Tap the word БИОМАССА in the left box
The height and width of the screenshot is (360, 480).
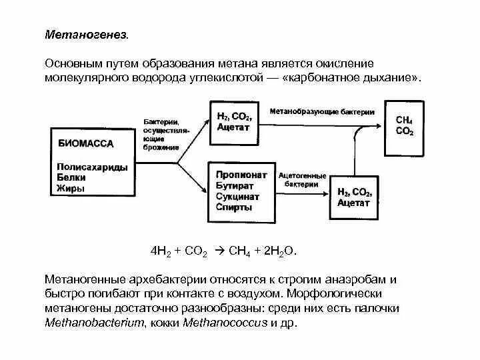[x=87, y=143]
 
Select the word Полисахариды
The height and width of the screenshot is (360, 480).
[x=92, y=167]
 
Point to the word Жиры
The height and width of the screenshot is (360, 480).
[x=70, y=189]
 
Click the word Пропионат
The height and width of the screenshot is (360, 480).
[x=241, y=175]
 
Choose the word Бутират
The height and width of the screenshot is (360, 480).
[x=234, y=185]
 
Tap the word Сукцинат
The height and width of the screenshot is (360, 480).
[x=237, y=197]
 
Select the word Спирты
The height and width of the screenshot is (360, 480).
[x=234, y=207]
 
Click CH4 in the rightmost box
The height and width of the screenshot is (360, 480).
[x=404, y=121]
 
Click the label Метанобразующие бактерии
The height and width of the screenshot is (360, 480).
[x=322, y=112]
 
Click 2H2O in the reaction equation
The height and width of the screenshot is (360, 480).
[x=279, y=252]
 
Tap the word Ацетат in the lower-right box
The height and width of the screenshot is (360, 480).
[x=353, y=203]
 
